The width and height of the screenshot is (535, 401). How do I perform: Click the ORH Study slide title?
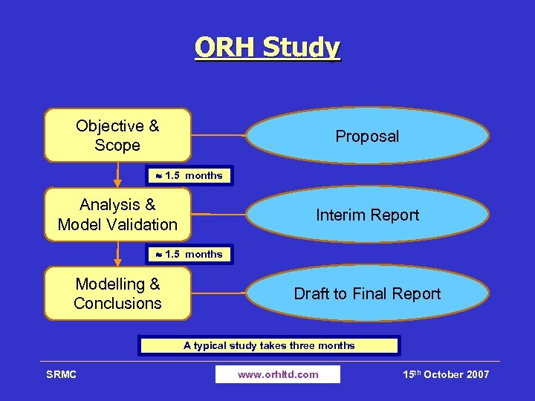(267, 48)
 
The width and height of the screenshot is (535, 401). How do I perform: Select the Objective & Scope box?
(117, 135)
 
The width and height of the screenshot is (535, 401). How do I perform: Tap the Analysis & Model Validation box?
(117, 214)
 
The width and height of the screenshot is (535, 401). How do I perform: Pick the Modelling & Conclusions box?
(117, 293)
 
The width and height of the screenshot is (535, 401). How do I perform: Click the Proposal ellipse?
(367, 136)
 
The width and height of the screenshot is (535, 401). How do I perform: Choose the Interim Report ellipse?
(367, 215)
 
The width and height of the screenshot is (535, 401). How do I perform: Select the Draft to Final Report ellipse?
(367, 293)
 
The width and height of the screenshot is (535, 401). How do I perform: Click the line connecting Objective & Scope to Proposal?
(218, 136)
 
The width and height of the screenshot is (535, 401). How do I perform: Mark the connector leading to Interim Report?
(218, 215)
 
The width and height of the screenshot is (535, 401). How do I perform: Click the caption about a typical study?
(269, 345)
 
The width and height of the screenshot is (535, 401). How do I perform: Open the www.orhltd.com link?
(278, 374)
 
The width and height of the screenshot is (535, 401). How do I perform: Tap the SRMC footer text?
(61, 374)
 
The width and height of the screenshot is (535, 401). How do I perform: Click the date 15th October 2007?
(446, 374)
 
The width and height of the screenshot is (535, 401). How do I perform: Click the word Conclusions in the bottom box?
(117, 303)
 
